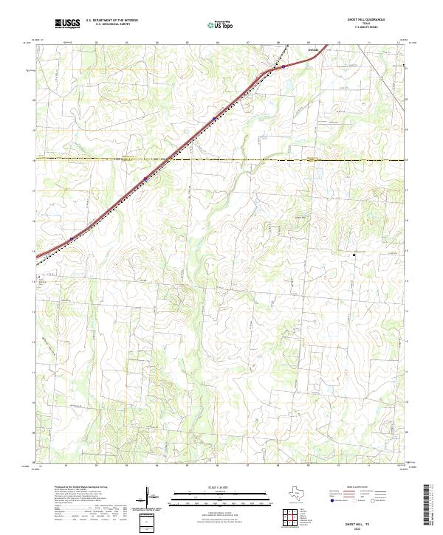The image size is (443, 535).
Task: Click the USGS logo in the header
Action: pos(67,24)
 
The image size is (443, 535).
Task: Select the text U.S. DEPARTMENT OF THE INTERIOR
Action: pos(112,21)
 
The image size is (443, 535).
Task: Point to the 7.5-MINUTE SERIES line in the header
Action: pos(377,29)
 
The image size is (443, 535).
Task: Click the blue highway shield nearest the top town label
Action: pos(284,66)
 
